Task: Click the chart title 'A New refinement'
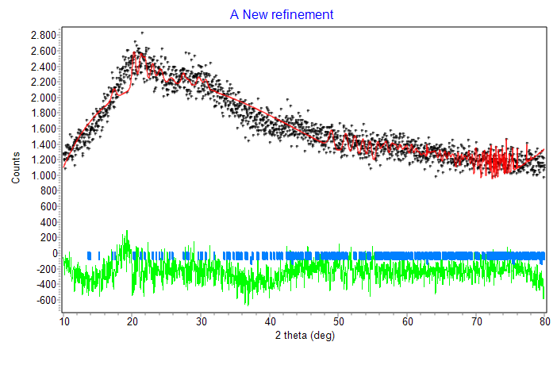(x=282, y=15)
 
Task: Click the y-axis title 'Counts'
(x=16, y=169)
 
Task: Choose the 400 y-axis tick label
(x=48, y=222)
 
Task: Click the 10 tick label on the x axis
(x=64, y=321)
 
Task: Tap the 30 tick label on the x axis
(x=202, y=321)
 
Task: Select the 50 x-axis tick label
(x=339, y=321)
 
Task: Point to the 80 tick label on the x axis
(x=544, y=321)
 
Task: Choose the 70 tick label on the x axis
(x=476, y=321)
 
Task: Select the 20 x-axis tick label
(x=133, y=321)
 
